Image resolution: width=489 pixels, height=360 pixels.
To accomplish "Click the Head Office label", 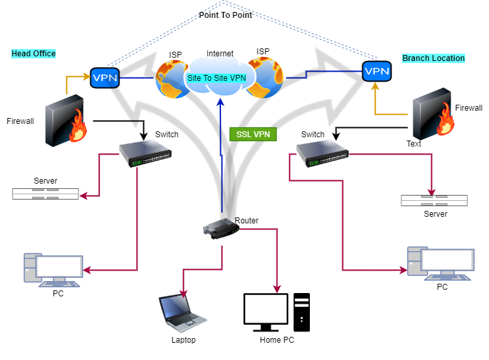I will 33,53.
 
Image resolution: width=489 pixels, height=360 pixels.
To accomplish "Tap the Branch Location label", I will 433,58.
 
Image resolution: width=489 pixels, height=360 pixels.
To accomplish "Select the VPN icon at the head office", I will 104,78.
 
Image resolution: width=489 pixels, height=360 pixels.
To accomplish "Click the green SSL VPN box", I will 252,135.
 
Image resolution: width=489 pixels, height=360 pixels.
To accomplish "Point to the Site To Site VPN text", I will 216,78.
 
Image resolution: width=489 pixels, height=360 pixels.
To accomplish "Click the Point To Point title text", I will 226,15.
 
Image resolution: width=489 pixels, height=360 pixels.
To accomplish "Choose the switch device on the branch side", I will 322,154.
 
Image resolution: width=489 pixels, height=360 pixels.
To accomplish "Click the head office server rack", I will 45,194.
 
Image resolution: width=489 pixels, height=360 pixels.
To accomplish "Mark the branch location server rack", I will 434,200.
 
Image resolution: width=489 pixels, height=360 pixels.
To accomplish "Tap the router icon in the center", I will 220,229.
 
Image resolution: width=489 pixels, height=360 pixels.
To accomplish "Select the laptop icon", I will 178,314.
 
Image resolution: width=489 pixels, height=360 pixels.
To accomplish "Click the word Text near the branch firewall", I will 414,143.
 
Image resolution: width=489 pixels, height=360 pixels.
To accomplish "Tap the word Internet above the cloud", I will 220,54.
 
